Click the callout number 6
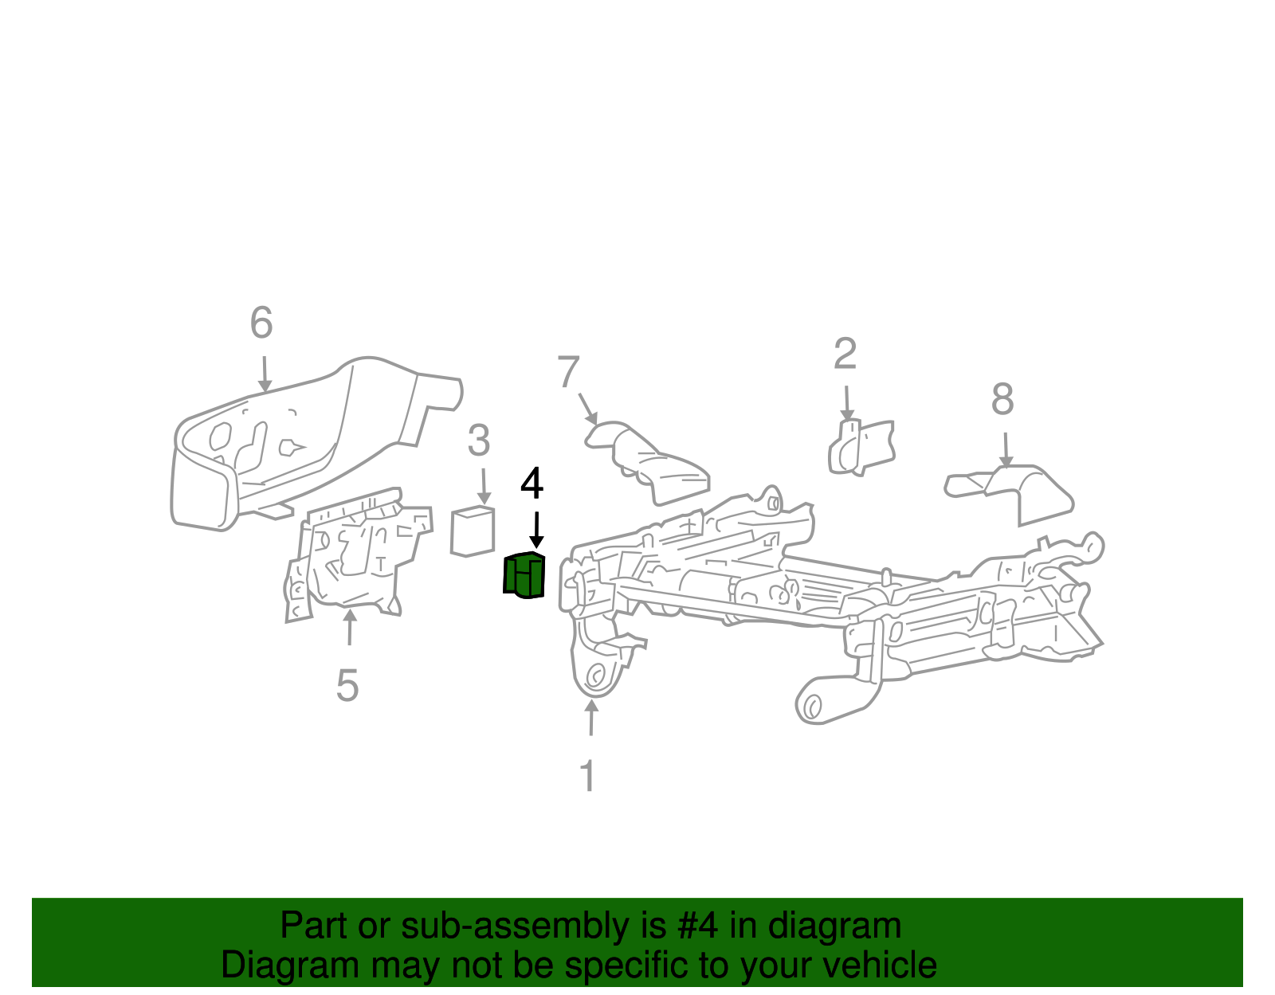[261, 323]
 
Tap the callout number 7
[568, 372]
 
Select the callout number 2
[845, 354]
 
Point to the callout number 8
[1002, 399]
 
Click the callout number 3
[478, 441]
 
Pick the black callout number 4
[532, 484]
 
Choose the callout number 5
[347, 686]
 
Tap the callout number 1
[588, 776]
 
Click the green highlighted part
[524, 574]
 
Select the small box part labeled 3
[473, 531]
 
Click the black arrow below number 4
[536, 530]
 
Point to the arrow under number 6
[265, 374]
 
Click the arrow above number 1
[590, 717]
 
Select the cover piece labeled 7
[649, 462]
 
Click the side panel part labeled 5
[355, 558]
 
